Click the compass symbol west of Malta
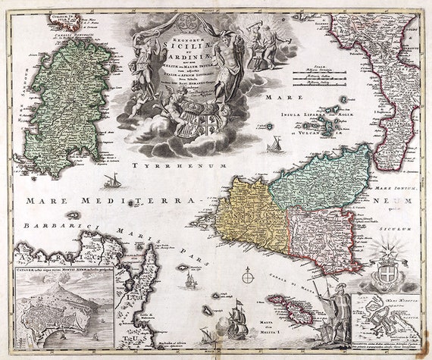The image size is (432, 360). click(247, 278)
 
